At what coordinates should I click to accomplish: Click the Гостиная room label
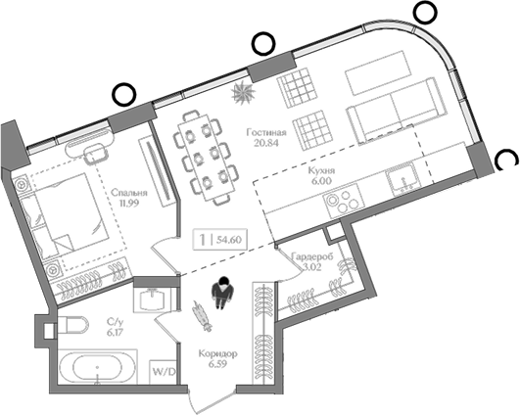266,133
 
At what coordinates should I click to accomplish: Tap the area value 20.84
266,143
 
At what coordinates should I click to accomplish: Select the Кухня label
321,170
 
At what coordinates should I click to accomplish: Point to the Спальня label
129,193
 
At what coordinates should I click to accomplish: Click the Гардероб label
312,256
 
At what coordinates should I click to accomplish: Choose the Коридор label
217,354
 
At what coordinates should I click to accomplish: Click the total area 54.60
229,239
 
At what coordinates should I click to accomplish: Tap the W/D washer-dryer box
164,372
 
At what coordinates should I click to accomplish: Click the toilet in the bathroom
72,325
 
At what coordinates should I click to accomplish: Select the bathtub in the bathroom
98,367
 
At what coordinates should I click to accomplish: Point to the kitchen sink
402,181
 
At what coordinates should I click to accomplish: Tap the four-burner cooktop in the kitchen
344,202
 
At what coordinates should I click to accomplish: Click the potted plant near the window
243,92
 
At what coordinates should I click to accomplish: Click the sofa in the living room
393,111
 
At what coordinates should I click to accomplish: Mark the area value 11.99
129,203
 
